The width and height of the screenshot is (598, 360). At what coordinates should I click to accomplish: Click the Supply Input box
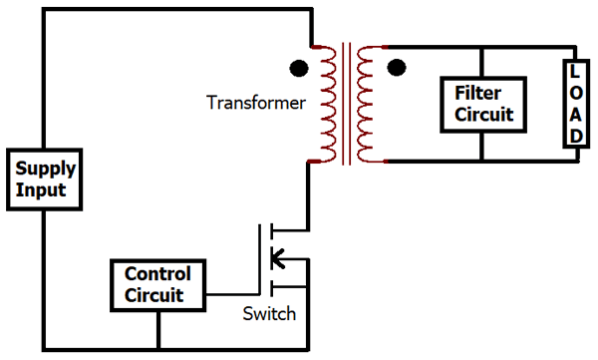(42, 180)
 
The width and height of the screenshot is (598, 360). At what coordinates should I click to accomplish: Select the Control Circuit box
(156, 284)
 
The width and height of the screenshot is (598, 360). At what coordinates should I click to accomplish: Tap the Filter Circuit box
(482, 105)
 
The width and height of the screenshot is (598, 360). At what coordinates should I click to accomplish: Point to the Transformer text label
(255, 102)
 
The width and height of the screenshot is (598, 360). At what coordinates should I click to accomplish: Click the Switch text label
(269, 314)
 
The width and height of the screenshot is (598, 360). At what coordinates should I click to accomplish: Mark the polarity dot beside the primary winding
(297, 69)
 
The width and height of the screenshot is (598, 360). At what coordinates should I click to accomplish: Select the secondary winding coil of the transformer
(369, 104)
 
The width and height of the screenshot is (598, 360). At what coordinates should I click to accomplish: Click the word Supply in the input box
(42, 170)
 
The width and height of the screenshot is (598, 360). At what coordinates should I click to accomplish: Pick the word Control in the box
(156, 274)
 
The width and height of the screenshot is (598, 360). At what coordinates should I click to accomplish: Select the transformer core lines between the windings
(346, 104)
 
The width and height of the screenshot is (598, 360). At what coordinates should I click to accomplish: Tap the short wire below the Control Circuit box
(156, 329)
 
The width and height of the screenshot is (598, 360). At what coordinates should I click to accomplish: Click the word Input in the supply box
(37, 189)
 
